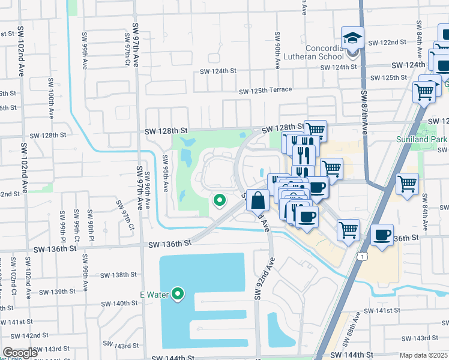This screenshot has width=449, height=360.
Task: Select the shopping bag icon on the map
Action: coord(258,200)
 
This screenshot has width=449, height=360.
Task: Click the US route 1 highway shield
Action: coord(362,256)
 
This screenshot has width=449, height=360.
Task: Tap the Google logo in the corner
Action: coord(20,353)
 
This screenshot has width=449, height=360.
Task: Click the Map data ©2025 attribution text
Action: coord(424,355)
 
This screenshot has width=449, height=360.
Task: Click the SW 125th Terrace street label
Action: coord(265,91)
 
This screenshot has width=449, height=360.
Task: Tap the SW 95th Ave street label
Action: coord(165,173)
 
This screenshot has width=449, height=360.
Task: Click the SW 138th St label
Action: coord(119,275)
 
